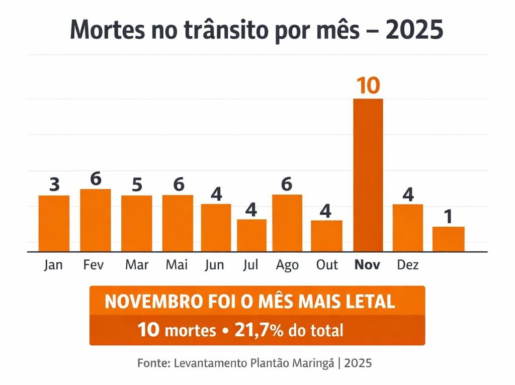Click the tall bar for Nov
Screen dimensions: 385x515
[368, 175]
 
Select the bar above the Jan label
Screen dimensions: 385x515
[54, 223]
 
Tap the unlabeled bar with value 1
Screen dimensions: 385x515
[448, 239]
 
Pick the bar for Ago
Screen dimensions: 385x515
[287, 223]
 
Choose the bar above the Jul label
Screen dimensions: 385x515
[251, 235]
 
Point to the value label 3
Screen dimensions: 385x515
[54, 184]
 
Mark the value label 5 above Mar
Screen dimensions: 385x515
[137, 185]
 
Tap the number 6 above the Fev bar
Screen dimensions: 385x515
[96, 178]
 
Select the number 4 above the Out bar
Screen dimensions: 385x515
[326, 211]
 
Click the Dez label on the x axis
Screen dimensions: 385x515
[407, 264]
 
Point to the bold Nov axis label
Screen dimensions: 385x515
[368, 264]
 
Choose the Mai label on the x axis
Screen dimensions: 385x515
[177, 264]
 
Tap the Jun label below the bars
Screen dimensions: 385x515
[215, 264]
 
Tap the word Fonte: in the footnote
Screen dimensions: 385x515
[153, 363]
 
